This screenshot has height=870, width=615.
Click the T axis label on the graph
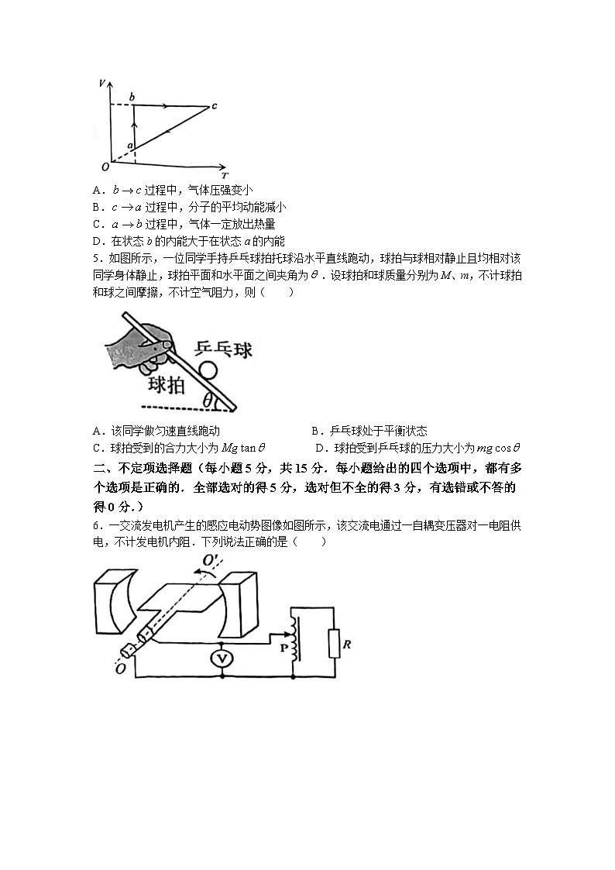[223, 175]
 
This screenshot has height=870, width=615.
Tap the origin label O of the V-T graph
[105, 167]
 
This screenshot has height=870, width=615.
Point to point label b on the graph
[132, 97]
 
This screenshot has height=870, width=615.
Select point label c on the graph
[215, 106]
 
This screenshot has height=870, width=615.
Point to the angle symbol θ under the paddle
[208, 400]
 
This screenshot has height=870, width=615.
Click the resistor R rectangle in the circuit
[334, 643]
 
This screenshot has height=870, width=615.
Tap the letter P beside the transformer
[283, 646]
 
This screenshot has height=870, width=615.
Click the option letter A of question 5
[96, 432]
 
